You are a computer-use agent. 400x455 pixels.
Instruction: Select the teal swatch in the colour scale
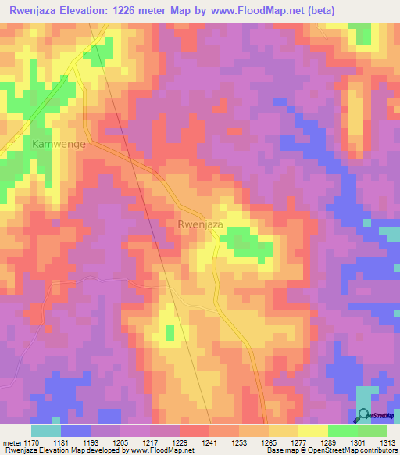click(46, 431)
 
